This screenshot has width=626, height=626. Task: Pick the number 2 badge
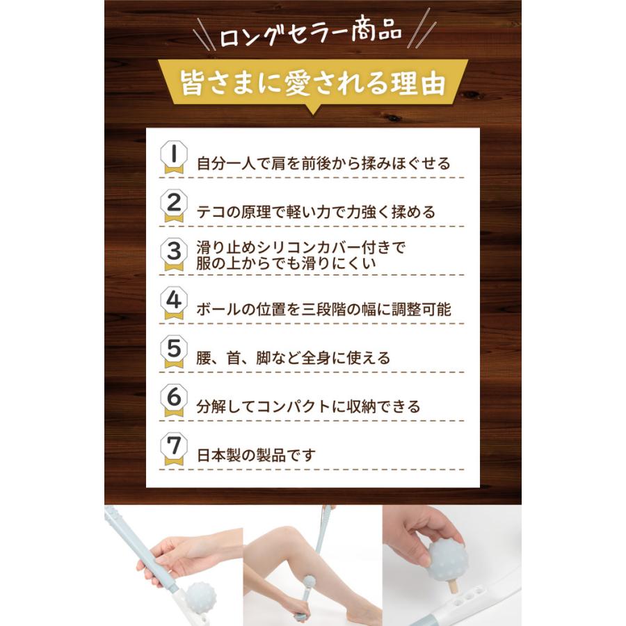[172, 207]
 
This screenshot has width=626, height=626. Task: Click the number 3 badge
[172, 255]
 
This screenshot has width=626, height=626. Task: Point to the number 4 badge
[172, 304]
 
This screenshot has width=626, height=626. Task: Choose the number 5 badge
[172, 353]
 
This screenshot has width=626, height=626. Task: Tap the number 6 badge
[172, 401]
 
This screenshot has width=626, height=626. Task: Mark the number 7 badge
[172, 450]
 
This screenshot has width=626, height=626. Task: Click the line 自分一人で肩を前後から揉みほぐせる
[323, 164]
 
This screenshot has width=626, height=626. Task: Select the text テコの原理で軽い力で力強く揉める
[316, 213]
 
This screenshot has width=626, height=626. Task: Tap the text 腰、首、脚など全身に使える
[293, 359]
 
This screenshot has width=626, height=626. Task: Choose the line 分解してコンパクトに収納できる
[309, 407]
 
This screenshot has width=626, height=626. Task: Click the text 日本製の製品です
[257, 456]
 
